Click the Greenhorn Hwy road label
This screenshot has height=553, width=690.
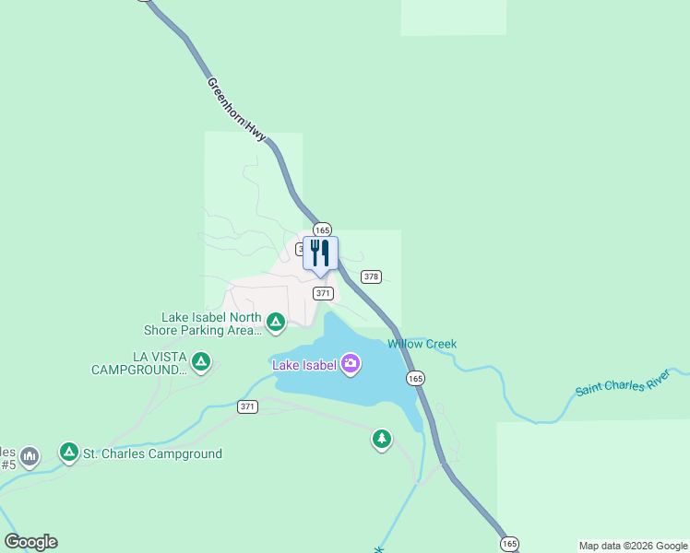coord(237,109)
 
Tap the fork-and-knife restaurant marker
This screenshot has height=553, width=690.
coord(320,253)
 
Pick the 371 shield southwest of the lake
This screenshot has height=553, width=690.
coord(247,406)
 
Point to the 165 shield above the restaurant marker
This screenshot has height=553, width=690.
coord(321,229)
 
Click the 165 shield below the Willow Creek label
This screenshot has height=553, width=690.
coord(415,378)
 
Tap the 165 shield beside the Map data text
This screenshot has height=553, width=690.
coord(510,544)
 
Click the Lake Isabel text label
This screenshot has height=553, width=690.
coord(303,364)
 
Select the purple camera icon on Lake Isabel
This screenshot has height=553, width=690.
coord(351,363)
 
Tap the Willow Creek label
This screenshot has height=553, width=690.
coord(422,344)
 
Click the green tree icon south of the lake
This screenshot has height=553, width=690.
coord(382,439)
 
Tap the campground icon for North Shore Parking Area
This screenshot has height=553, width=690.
coord(275,322)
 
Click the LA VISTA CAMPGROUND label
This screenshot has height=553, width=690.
coord(138,363)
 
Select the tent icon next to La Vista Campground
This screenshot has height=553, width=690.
coord(201,362)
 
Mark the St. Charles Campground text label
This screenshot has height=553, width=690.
coord(152,453)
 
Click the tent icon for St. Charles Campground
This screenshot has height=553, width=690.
coord(68,452)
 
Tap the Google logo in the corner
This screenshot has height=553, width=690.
coord(30,542)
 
